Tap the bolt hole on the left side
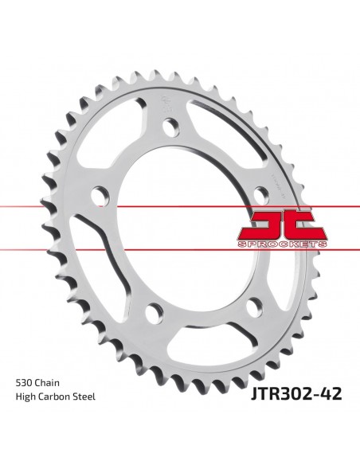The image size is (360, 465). [99, 195]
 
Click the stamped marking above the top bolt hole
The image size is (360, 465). [167, 104]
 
